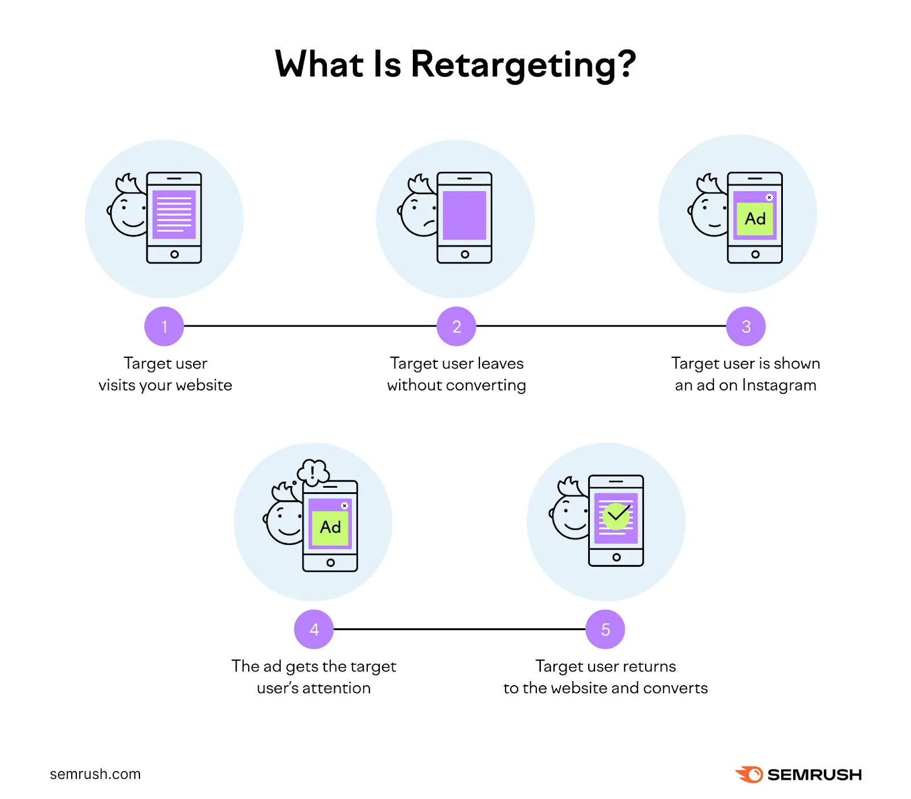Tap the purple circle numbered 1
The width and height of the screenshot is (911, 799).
[164, 326]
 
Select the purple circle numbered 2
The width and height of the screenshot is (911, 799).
[456, 326]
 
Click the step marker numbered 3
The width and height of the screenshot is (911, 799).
[746, 326]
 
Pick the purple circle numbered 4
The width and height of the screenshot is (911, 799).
[314, 629]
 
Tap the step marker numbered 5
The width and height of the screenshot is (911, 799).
[605, 629]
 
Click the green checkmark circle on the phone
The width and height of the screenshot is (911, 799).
[616, 516]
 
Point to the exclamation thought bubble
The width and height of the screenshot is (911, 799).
[313, 472]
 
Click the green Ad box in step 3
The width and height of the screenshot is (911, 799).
[755, 219]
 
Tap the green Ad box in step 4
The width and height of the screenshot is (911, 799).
[330, 528]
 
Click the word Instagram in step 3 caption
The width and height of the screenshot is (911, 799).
[779, 385]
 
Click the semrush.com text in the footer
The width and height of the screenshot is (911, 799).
[95, 774]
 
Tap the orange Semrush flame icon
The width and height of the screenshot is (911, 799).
[750, 774]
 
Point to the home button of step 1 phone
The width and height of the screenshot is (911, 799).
[174, 254]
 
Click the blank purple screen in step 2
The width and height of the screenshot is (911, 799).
[465, 216]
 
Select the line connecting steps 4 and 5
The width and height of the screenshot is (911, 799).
[459, 629]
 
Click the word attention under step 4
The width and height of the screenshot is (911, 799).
[337, 688]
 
